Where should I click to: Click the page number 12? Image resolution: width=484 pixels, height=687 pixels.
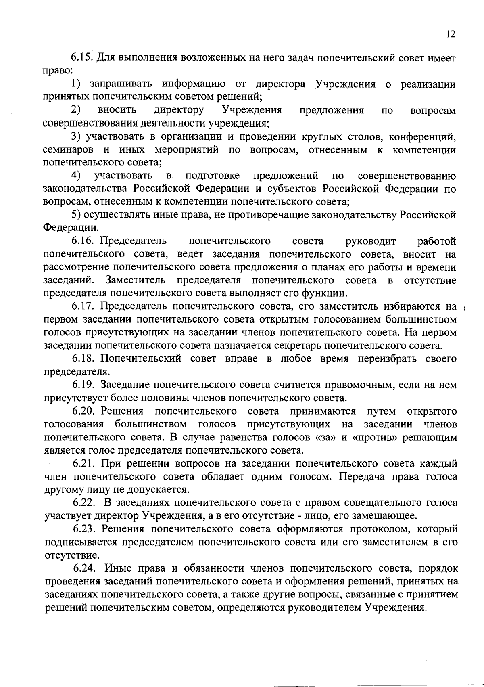pos(451,34)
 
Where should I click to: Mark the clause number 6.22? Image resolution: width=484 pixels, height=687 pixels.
pos(84,503)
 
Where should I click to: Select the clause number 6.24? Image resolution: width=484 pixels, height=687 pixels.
pos(84,568)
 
